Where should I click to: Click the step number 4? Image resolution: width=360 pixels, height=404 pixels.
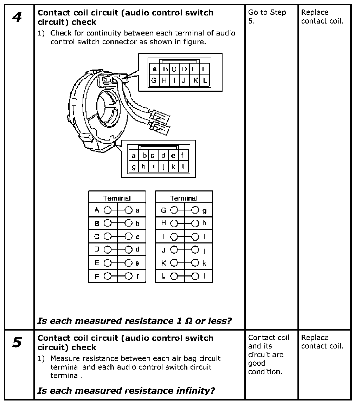[x=17, y=18]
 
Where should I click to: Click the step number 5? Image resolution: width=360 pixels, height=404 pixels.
[x=17, y=343]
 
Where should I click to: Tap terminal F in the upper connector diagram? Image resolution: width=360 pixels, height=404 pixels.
[x=204, y=69]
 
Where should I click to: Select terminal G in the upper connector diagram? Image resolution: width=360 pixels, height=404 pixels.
[x=154, y=80]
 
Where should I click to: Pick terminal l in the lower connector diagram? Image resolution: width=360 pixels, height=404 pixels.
[x=183, y=167]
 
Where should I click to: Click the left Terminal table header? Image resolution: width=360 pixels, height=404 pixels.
[x=117, y=198]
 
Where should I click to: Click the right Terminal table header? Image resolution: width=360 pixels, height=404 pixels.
[x=184, y=198]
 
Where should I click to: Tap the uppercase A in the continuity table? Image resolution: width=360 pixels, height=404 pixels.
[x=97, y=210]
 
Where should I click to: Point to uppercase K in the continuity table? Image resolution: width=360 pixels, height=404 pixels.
[x=163, y=263]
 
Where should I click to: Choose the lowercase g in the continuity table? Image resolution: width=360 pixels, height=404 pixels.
[x=205, y=211]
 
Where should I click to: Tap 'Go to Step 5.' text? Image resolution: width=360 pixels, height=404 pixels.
[x=267, y=17]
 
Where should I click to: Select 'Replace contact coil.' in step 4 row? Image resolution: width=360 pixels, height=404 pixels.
[x=322, y=17]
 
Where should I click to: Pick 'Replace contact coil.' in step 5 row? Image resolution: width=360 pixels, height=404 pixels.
[x=322, y=342]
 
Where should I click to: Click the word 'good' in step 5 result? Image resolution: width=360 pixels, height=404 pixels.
[x=257, y=363]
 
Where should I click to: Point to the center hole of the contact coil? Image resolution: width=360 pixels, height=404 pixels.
[x=106, y=105]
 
